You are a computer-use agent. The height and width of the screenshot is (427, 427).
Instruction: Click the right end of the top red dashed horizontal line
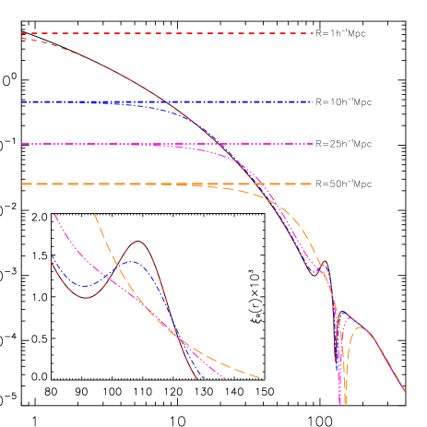314,33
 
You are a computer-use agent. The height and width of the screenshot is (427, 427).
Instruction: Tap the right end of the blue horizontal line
314,101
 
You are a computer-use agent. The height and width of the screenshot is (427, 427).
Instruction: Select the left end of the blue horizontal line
21,101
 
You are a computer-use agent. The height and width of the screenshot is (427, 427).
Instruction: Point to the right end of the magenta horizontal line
314,144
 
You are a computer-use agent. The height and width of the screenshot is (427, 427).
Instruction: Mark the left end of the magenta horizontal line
21,144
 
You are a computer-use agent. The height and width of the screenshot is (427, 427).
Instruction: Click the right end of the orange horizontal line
314,184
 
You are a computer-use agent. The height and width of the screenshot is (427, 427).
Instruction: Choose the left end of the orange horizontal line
21,184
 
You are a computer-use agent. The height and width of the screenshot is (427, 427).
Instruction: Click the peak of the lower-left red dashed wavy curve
138,243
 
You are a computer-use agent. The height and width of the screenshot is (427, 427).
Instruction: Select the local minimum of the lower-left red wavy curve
84,297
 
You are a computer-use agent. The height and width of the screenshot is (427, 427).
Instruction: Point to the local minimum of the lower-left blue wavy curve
83,286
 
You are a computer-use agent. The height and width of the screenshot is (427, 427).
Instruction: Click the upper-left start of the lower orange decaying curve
95,214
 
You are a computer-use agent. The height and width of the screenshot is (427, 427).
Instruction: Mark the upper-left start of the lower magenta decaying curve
55,214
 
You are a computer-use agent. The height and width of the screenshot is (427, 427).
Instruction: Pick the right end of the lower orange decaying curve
264,379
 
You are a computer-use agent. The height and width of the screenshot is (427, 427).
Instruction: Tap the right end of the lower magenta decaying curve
227,380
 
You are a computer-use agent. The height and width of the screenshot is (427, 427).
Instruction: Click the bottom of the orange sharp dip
346,403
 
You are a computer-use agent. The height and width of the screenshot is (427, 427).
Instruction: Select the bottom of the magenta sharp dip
340,403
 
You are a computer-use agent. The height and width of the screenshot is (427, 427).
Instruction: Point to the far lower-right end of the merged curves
405,391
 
